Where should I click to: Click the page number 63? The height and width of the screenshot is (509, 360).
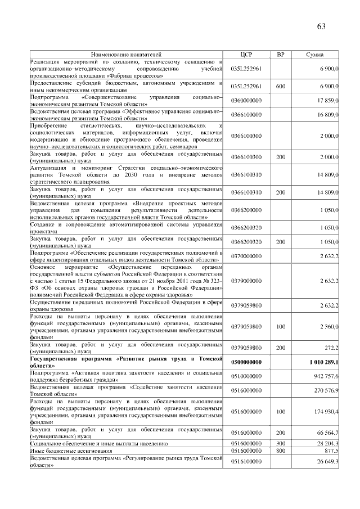point(321,26)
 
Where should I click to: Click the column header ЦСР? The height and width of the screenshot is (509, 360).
point(246,55)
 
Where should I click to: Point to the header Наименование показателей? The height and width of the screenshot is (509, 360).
point(126,55)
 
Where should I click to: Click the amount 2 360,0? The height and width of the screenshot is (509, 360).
point(328,326)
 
